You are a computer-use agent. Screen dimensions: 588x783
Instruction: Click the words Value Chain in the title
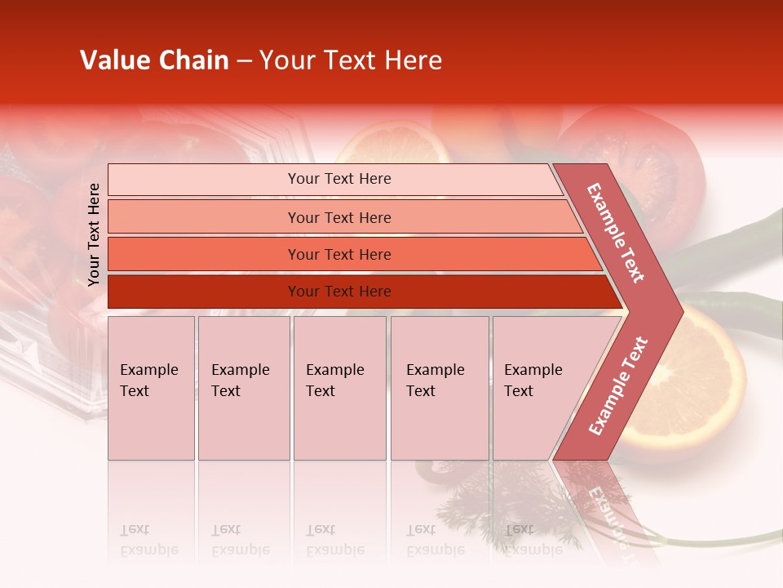click(x=154, y=60)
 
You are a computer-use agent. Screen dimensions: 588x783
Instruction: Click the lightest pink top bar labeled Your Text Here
click(x=338, y=179)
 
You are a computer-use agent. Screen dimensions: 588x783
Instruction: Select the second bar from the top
click(x=338, y=217)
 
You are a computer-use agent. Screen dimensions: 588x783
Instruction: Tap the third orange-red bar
click(x=338, y=254)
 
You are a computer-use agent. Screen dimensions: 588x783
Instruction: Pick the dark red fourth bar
click(x=338, y=292)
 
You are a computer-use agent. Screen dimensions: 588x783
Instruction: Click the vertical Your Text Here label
click(x=95, y=234)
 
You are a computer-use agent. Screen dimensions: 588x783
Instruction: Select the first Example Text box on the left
click(x=151, y=387)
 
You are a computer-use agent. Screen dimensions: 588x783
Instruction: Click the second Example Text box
click(x=243, y=387)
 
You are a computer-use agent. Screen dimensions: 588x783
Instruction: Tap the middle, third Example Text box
click(x=338, y=387)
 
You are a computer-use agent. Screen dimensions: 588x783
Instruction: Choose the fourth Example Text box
click(x=439, y=387)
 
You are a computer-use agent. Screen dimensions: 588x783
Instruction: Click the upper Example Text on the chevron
click(x=617, y=232)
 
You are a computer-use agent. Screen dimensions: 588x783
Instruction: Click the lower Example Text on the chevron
click(x=618, y=385)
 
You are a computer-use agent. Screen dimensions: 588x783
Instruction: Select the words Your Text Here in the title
click(x=351, y=60)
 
